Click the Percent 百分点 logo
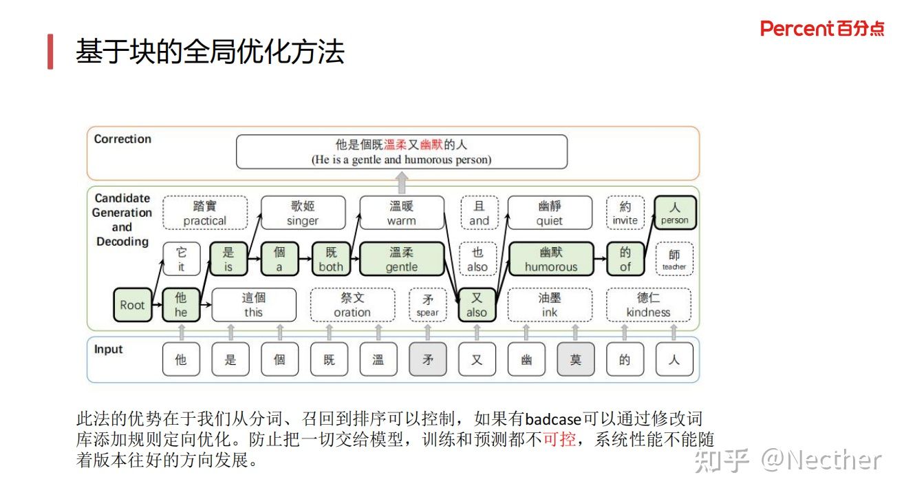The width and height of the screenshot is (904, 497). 822,29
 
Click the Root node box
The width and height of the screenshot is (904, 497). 133,305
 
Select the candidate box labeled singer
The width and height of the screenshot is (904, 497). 303,213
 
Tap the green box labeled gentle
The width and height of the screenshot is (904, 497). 402,259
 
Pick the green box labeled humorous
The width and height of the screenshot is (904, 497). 550,259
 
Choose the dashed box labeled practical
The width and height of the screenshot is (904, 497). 204,213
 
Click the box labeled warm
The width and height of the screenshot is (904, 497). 402,213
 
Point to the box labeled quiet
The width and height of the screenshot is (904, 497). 550,213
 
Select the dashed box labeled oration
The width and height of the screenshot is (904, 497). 352,305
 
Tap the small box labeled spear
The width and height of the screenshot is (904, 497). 427,305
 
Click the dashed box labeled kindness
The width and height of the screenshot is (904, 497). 648,305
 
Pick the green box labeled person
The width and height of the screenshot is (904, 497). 675,213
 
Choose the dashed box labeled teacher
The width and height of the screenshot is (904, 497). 674,259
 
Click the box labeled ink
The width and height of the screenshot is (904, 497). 550,305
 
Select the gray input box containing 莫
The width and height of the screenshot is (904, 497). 575,359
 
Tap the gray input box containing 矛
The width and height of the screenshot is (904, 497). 427,359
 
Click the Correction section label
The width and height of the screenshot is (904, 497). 122,139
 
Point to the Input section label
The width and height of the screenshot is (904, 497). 108,349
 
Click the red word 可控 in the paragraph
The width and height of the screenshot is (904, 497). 559,438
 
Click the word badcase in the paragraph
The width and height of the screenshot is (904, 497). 553,419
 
